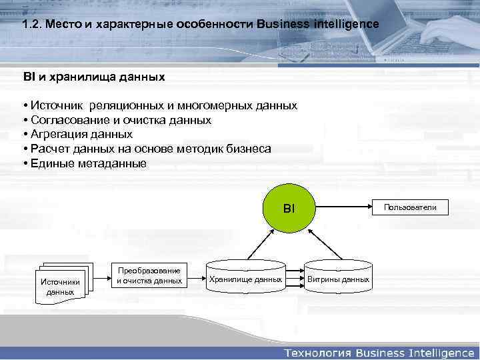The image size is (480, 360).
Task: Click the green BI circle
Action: tap(288, 209)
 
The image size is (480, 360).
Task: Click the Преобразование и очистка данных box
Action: tap(149, 276)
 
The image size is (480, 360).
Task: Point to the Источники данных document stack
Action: tap(61, 285)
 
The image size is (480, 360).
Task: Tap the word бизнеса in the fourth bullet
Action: tap(250, 148)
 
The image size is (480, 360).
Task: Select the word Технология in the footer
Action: tap(317, 351)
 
